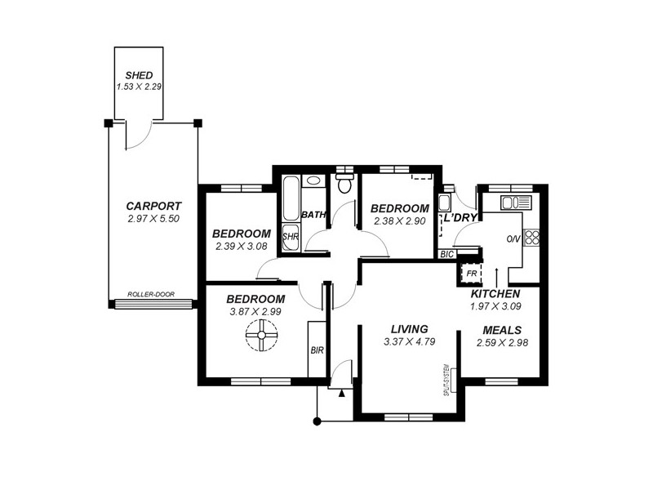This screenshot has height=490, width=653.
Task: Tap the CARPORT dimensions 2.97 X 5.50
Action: coord(153,220)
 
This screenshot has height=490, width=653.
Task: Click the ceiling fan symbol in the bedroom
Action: coord(262,335)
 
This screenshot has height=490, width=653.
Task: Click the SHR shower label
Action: coord(290,238)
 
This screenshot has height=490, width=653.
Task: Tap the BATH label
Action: coord(313,215)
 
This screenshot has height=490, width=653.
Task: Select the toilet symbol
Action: coord(344,183)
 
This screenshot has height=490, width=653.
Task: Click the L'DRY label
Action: coord(460,217)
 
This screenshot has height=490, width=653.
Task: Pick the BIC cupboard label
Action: coord(446,255)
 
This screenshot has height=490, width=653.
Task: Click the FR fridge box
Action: coord(471,273)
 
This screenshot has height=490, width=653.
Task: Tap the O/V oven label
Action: coord(513,239)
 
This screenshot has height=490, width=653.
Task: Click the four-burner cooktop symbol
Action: coord(532,238)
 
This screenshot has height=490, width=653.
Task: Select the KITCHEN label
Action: coord(495,293)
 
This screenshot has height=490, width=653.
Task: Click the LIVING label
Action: coord(409,329)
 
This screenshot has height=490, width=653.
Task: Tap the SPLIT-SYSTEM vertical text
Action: coord(446,379)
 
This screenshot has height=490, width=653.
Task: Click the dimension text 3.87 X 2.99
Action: coord(255,312)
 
